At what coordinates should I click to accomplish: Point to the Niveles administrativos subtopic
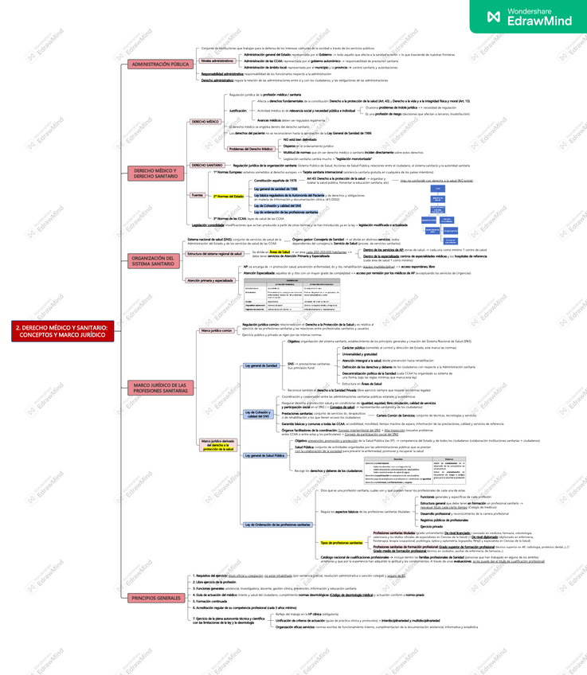click(217, 60)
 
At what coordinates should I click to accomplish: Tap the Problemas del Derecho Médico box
click(252, 149)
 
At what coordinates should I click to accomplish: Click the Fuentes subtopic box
click(197, 195)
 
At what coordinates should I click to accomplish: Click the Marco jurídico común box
click(216, 330)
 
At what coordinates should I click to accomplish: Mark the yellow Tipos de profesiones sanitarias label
click(341, 543)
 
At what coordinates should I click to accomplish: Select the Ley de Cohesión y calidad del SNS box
click(260, 413)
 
